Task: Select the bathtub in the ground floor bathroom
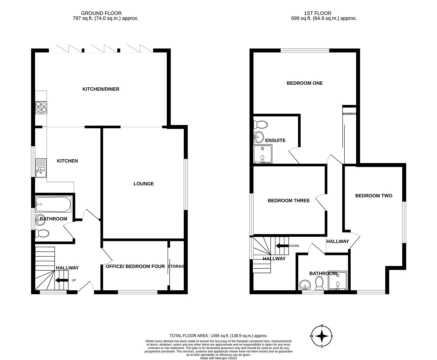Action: click(x=53, y=204)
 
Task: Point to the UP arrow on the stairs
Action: click(x=62, y=280)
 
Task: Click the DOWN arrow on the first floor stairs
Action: click(x=282, y=246)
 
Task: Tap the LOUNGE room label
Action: click(x=144, y=184)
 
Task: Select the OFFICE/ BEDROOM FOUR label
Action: click(x=135, y=266)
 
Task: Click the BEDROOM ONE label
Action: click(x=305, y=83)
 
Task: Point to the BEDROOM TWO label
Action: click(x=374, y=196)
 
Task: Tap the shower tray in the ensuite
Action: click(x=263, y=154)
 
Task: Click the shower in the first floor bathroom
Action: click(x=338, y=282)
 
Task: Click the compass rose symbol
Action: click(x=322, y=336)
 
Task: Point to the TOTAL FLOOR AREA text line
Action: click(x=218, y=336)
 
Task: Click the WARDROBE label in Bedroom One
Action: click(x=349, y=114)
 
